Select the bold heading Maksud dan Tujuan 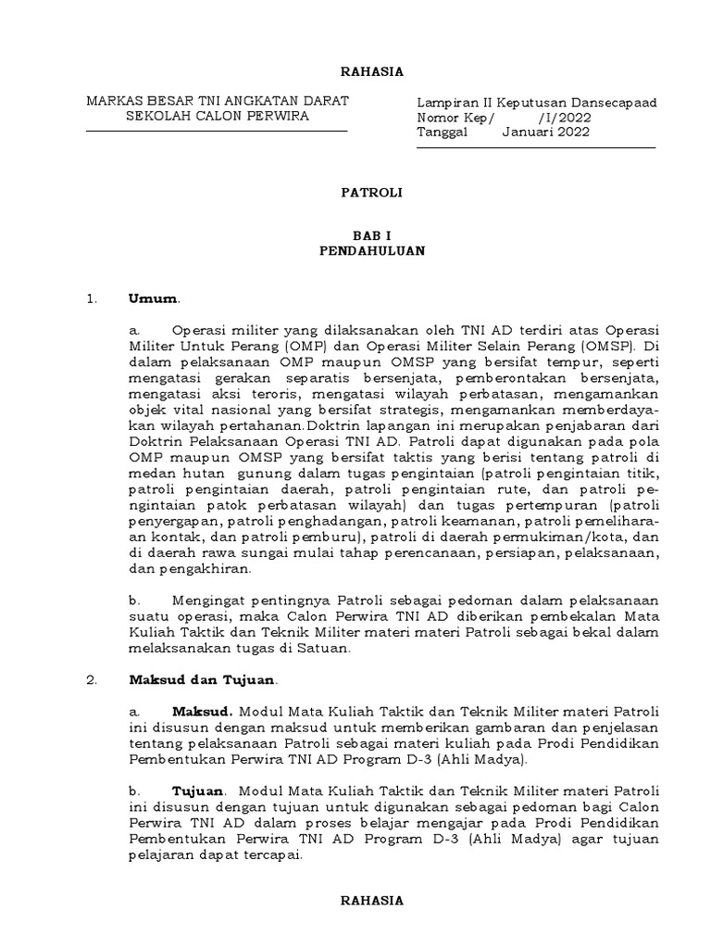click(202, 679)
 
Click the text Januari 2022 click(545, 132)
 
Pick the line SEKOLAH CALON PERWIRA click(218, 117)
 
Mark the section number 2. click(91, 679)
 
